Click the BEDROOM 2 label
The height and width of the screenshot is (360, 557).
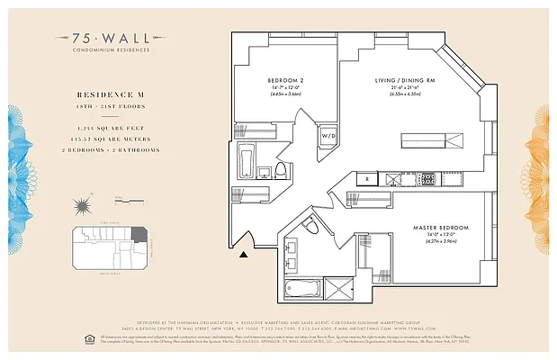coord(285,81)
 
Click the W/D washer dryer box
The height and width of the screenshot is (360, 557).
coord(328,135)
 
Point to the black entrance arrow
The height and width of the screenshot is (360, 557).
coord(243,255)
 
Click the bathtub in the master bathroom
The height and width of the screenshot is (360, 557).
coord(301,289)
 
